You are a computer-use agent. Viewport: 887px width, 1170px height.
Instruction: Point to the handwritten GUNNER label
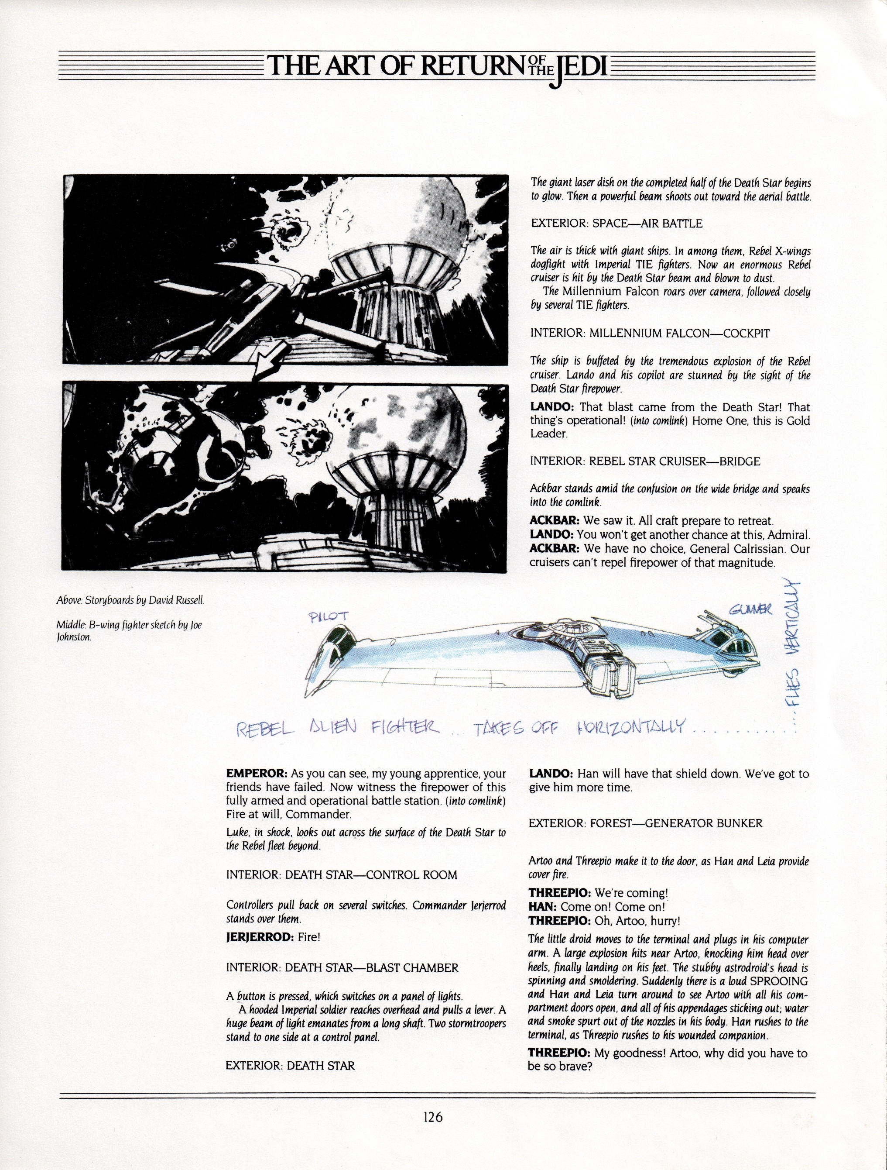click(x=750, y=610)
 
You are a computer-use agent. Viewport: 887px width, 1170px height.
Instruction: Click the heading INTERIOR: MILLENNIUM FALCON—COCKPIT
click(x=650, y=333)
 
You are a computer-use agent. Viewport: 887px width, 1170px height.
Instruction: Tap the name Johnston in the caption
click(x=74, y=637)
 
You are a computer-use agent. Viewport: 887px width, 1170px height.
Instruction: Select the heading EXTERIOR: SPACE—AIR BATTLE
click(x=616, y=223)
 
